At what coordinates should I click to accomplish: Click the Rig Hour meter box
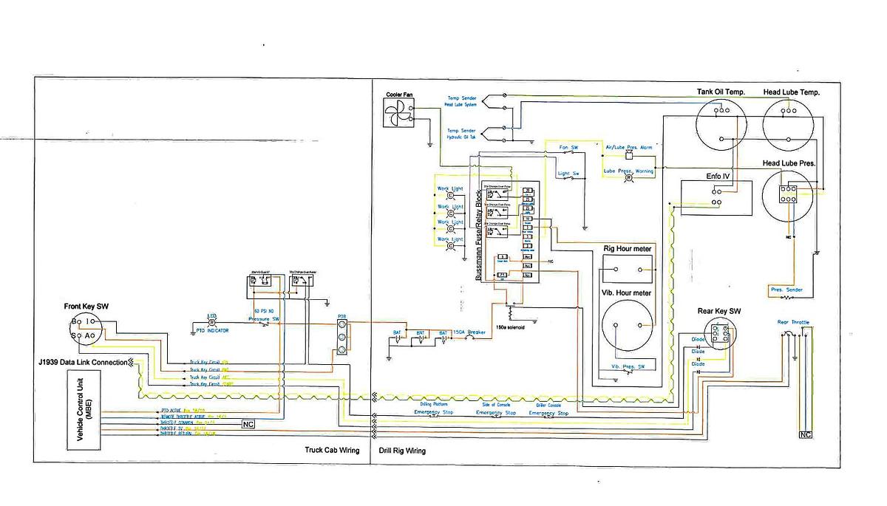tap(627, 270)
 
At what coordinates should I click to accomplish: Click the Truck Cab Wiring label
tap(332, 450)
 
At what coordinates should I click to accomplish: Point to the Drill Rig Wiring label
tap(401, 450)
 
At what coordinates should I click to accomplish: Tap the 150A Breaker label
tap(469, 332)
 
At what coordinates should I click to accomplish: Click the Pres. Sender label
tap(786, 290)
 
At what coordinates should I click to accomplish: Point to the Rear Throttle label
tap(792, 322)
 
